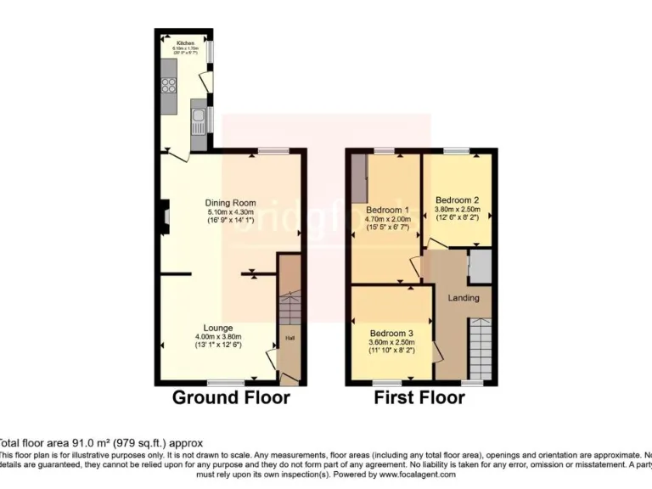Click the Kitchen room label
(185, 42)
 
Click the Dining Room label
(230, 203)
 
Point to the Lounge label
(217, 328)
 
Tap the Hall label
(289, 338)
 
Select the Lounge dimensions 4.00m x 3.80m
(217, 337)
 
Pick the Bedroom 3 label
(392, 333)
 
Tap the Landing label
(464, 298)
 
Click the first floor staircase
(481, 348)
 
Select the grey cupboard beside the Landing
(480, 267)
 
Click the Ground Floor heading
(231, 397)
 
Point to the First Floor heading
(419, 397)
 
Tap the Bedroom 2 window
(456, 150)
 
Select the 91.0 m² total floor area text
(102, 443)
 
